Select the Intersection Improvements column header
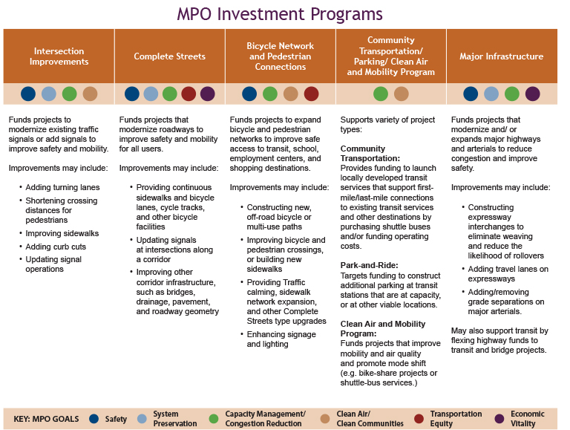pos(59,56)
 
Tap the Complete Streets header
pos(169,56)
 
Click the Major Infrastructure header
pos(501,56)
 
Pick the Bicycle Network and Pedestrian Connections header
pos(280,56)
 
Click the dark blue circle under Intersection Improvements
pos(28,94)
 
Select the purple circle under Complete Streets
pos(208,94)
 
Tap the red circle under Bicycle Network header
pos(311,94)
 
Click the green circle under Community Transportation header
pos(381,94)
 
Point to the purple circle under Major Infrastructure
pos(533,94)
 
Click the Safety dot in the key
pos(94,419)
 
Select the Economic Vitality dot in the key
pos(499,419)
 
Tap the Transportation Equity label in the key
pos(456,419)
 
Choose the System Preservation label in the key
pos(175,419)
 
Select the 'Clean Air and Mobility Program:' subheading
pos(382,329)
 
